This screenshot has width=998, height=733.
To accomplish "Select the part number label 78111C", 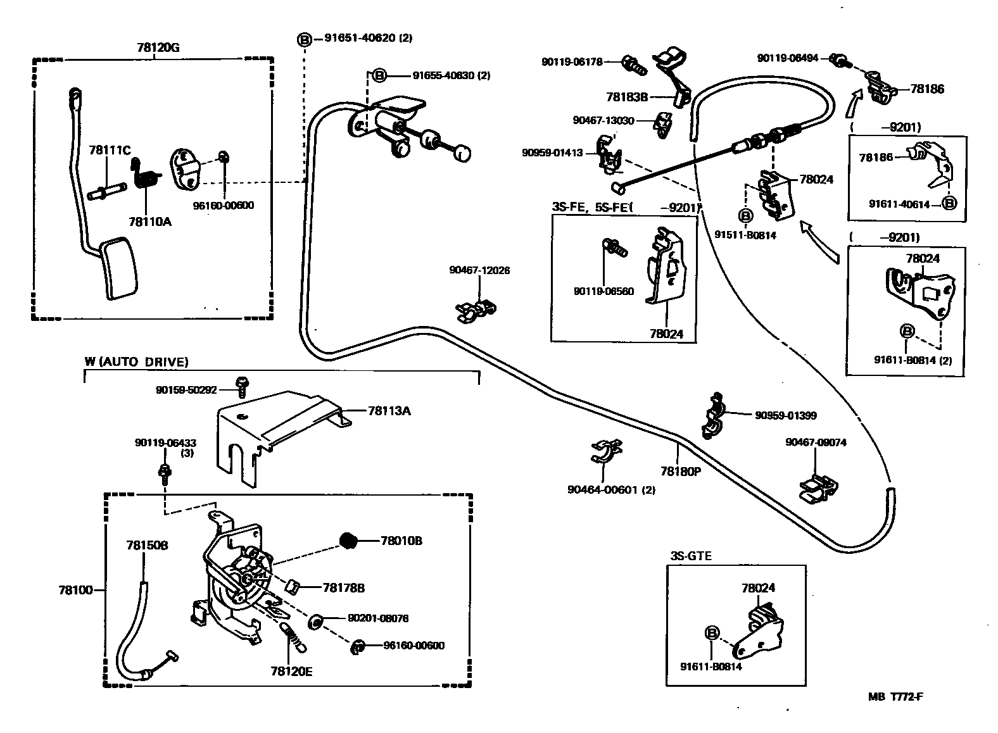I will pos(110,150).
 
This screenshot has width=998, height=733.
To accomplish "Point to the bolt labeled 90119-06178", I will pos(632,63).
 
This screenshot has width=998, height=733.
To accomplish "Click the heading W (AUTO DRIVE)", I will pos(136,362).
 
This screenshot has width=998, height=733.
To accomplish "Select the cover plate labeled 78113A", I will pos(279,430).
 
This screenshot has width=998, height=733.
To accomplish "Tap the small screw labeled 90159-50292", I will pos(241,385).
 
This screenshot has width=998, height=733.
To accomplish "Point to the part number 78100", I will pos(75,590).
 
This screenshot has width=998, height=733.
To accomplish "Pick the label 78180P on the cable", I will pos(679,471).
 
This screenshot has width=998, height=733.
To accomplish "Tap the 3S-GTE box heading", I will pos(690,556).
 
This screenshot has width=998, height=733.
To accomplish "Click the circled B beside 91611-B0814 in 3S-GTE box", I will pos(711,632).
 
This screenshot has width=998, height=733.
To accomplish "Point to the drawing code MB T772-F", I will pos(895,697).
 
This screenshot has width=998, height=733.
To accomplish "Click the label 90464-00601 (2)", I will pos(611,489).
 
